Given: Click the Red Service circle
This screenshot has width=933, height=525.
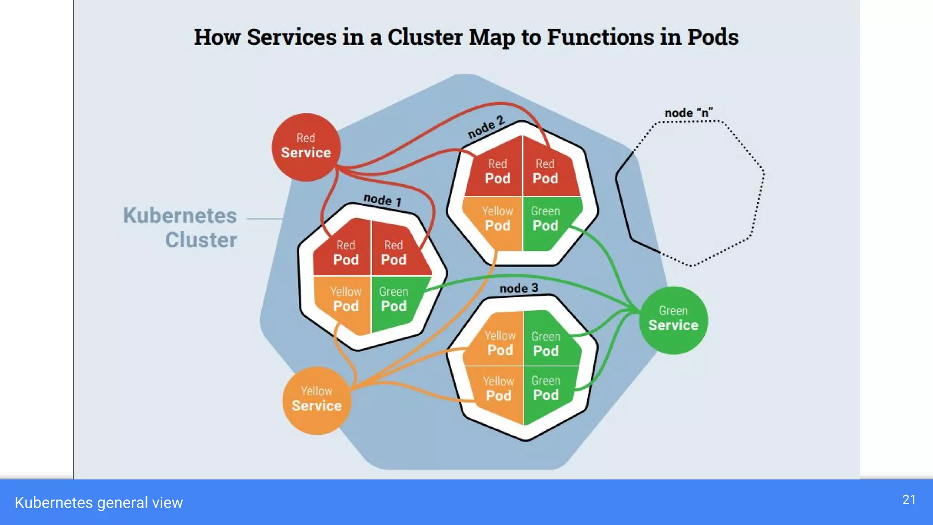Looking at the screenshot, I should click(x=306, y=147).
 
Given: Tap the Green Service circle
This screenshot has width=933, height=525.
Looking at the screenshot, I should click(x=673, y=320).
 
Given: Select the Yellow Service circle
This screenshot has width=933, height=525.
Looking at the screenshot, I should click(x=317, y=400).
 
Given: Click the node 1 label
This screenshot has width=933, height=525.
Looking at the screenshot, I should click(x=382, y=200).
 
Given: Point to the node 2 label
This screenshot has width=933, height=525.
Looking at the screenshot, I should click(x=486, y=127).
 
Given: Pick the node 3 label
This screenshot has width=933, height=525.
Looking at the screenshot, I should click(x=518, y=288).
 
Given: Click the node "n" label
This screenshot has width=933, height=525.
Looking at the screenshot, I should click(x=688, y=113).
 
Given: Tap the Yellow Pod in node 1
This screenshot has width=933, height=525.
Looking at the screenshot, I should click(x=346, y=300).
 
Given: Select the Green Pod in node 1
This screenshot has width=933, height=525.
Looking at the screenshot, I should click(x=394, y=300).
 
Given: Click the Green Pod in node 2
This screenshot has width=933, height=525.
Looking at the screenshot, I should click(x=545, y=219).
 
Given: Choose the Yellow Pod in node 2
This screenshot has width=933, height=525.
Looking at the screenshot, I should click(x=497, y=219).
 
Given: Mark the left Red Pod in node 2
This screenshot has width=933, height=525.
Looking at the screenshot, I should click(x=497, y=172).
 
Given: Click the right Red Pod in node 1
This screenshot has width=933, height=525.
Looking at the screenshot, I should click(x=394, y=253).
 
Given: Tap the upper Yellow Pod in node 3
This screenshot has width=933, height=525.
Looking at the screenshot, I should click(x=500, y=344).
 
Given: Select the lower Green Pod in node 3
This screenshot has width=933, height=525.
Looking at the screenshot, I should click(x=546, y=389).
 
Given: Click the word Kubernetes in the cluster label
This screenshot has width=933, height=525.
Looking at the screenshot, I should click(x=180, y=216).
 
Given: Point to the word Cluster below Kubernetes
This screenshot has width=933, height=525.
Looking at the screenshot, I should click(x=201, y=240).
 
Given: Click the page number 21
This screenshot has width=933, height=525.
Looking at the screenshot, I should click(x=909, y=499).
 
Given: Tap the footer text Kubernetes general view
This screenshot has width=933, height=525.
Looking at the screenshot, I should click(x=99, y=502).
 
